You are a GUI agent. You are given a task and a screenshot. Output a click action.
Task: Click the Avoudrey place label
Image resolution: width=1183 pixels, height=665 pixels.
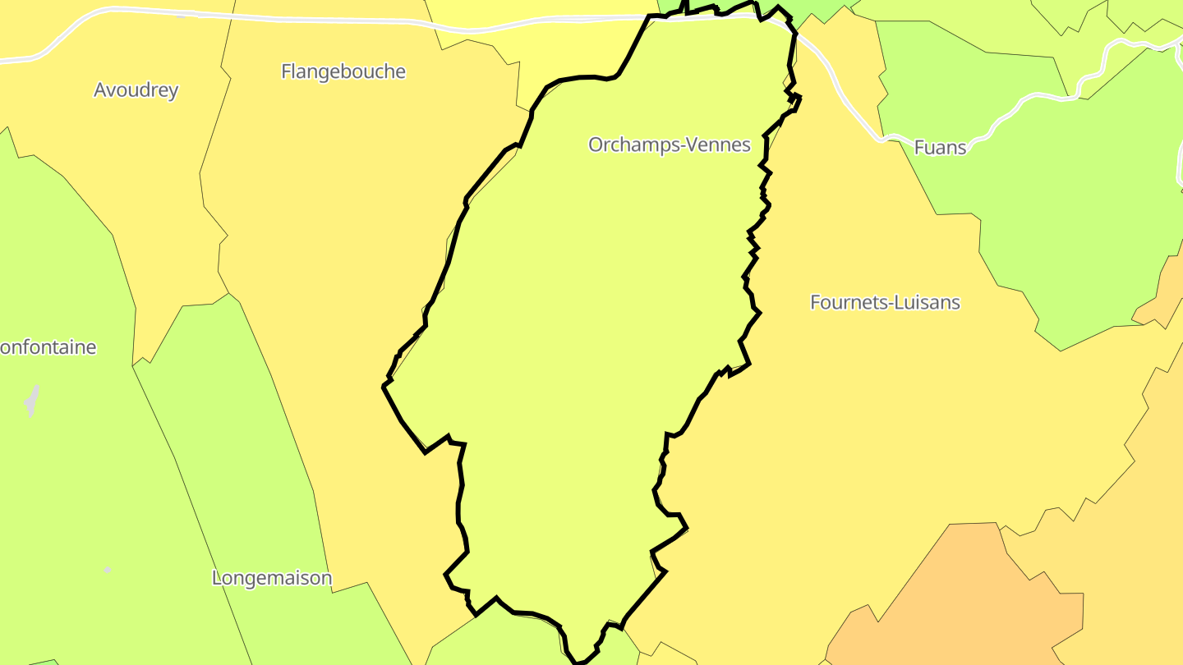click(x=136, y=90)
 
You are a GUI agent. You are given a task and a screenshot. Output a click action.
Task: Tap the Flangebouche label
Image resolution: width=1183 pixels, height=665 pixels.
click(x=343, y=71)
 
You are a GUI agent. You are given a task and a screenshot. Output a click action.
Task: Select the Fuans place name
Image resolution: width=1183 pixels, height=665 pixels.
click(x=940, y=148)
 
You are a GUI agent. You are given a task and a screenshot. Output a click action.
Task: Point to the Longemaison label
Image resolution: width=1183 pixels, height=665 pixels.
click(x=272, y=578)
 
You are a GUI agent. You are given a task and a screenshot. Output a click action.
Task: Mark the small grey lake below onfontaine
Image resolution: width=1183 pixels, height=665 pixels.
click(x=32, y=401)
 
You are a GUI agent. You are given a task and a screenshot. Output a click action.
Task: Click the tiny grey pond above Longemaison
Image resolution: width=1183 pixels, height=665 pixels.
click(x=107, y=569)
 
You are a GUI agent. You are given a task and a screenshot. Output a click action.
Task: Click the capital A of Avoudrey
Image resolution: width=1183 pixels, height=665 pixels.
click(x=100, y=90)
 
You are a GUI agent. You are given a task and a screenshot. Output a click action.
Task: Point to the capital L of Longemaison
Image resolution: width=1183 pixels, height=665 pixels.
click(x=217, y=578)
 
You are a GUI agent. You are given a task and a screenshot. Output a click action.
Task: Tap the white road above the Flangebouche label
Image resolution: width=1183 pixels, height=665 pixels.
click(x=329, y=20)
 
